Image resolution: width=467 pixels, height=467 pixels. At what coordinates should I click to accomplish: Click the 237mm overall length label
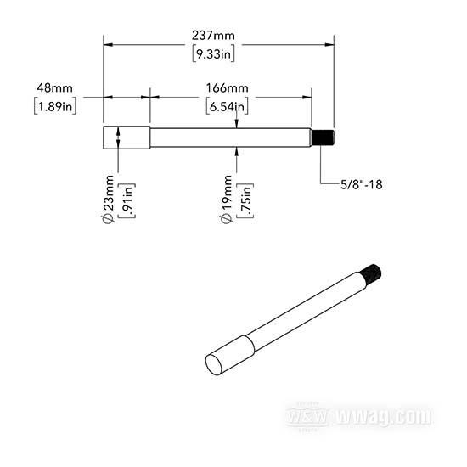tap(213, 36)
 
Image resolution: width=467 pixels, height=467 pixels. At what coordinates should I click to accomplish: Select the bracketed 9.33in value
tap(213, 53)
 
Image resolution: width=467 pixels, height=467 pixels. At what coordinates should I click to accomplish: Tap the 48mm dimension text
tap(55, 87)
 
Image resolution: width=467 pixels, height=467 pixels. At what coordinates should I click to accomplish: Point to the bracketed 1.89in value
tap(55, 106)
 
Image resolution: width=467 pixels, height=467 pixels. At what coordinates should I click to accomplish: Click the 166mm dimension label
tap(228, 87)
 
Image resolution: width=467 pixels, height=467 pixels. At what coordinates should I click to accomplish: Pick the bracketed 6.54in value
tap(228, 106)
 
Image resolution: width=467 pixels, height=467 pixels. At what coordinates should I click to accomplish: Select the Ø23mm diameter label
tap(108, 199)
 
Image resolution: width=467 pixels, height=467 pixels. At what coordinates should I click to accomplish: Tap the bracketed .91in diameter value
tap(127, 200)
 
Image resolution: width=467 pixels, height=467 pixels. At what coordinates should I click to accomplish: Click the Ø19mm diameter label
tap(226, 199)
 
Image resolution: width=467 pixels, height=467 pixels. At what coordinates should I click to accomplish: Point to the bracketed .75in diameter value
tap(245, 200)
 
